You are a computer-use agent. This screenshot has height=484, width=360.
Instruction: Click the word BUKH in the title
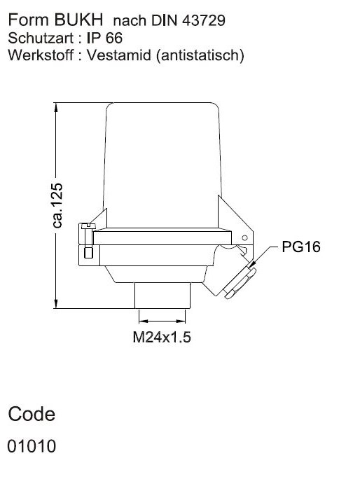pyautogui.click(x=78, y=20)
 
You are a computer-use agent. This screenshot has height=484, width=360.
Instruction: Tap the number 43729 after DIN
pyautogui.click(x=204, y=20)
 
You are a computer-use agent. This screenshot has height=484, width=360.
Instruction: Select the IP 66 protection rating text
pyautogui.click(x=104, y=38)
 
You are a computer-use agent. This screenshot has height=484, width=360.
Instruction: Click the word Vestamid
pyautogui.click(x=119, y=55)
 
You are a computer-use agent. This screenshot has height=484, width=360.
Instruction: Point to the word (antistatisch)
pyautogui.click(x=200, y=55)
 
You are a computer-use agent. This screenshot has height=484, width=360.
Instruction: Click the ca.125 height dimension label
pyautogui.click(x=57, y=205)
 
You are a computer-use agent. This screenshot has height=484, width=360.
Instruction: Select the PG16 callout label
pyautogui.click(x=301, y=247)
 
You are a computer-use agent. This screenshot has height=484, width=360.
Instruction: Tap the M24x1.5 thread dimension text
pyautogui.click(x=162, y=337)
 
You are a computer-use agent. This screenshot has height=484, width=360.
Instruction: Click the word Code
pyautogui.click(x=32, y=414)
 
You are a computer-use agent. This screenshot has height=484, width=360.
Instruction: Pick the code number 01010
pyautogui.click(x=32, y=446)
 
